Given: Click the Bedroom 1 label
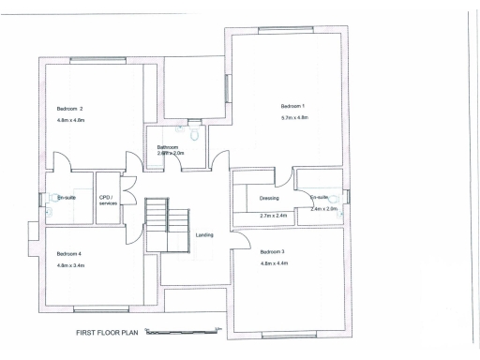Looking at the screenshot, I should click(293, 104).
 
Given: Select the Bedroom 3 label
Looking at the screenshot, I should click(272, 252).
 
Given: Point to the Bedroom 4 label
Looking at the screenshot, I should click(68, 254).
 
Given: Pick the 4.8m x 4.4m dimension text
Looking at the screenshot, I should click(275, 264).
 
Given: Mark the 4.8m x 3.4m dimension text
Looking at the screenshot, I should click(71, 266).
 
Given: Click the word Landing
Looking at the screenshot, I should click(202, 234).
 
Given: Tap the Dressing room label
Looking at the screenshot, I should click(270, 198).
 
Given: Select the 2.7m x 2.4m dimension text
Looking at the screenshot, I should click(273, 217).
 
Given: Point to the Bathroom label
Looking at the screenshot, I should click(168, 147).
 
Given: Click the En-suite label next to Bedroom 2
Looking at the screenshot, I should click(67, 198).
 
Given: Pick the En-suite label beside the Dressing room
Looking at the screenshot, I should click(319, 198).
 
